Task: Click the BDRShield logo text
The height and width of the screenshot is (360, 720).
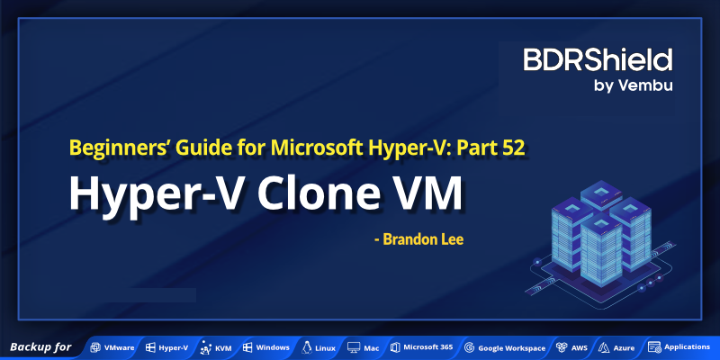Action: [598, 60]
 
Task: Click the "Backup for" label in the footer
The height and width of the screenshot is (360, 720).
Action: [40, 346]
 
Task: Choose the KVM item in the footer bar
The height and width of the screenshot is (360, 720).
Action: [217, 347]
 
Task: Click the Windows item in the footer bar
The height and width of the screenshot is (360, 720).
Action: [265, 347]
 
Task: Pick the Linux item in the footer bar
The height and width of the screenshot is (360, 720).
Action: [319, 347]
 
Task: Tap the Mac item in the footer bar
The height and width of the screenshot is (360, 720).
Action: [364, 347]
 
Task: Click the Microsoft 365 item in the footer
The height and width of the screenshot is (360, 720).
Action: [422, 347]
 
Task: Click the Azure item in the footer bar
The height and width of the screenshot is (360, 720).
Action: [616, 347]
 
